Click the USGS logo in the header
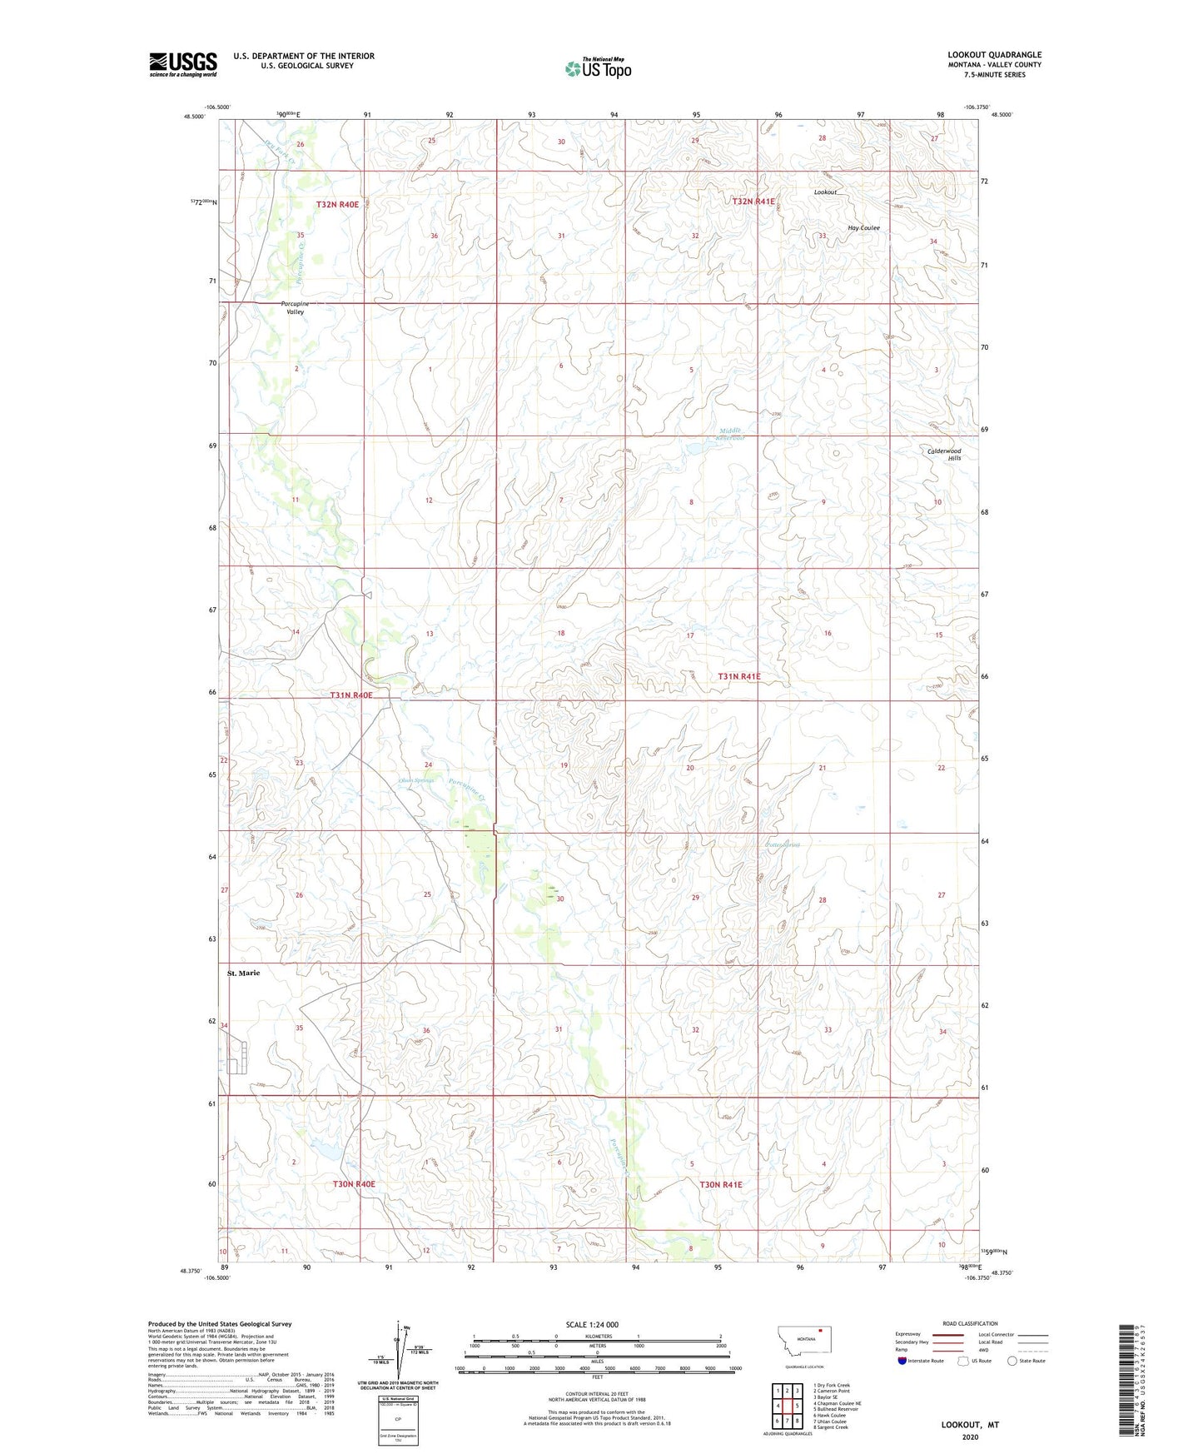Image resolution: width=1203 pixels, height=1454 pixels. (183, 64)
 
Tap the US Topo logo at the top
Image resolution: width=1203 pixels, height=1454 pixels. (598, 68)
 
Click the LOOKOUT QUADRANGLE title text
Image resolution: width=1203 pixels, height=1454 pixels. (994, 55)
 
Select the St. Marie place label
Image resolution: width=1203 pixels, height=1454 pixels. (244, 973)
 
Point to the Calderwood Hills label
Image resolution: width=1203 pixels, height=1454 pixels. (945, 455)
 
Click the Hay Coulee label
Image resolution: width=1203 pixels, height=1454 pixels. (863, 228)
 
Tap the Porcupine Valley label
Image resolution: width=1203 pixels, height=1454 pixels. (295, 308)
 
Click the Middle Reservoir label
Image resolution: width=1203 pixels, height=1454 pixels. (732, 434)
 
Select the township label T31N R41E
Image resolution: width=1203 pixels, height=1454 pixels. (738, 677)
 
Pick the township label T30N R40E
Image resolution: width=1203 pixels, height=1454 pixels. (354, 1183)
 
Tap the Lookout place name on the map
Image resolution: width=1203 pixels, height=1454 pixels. (825, 192)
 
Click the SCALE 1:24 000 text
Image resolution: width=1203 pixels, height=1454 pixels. (592, 1324)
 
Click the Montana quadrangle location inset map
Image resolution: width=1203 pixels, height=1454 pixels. (803, 1341)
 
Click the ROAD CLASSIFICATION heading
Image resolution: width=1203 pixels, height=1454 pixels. (970, 1323)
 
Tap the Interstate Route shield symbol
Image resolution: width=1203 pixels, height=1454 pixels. (902, 1361)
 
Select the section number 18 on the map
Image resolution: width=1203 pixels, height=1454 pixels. (561, 634)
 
